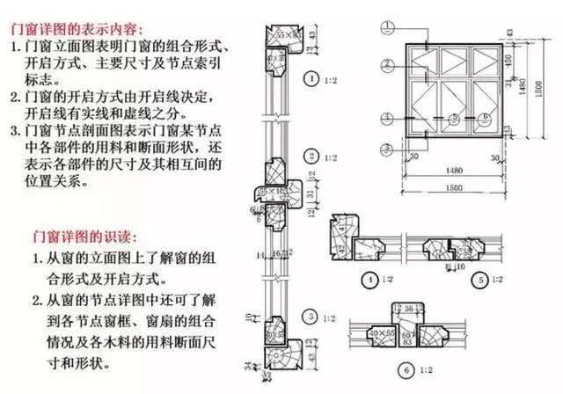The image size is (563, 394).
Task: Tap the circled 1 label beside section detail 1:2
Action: tap(309, 79)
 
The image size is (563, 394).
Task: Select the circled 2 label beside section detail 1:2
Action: tap(309, 157)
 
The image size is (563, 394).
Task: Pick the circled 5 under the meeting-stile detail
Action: tap(479, 280)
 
